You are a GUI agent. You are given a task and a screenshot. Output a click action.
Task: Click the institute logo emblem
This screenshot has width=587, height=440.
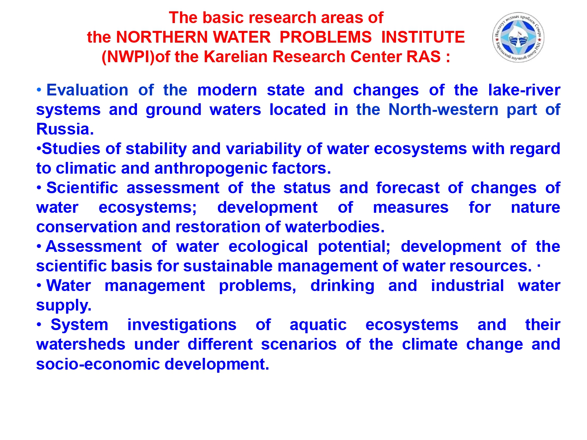[x=518, y=38]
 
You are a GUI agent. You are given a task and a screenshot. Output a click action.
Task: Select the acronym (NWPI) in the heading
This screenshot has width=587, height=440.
[x=128, y=57]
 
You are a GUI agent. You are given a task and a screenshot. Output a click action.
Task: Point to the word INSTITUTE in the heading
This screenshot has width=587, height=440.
[x=423, y=37]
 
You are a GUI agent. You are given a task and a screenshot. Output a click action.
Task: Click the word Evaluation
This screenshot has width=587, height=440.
[x=87, y=90]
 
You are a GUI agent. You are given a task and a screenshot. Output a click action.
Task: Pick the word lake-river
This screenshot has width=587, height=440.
[x=524, y=90]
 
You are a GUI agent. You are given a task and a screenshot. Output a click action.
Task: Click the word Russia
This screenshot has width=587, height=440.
[x=65, y=129]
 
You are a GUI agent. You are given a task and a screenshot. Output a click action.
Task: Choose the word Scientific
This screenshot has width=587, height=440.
[x=82, y=188]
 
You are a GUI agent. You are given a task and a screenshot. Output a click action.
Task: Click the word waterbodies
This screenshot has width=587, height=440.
[x=335, y=227]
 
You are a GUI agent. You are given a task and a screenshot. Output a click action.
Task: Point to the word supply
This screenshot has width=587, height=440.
[x=64, y=305]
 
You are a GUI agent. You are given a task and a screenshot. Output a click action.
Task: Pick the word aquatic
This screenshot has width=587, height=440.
[x=318, y=325]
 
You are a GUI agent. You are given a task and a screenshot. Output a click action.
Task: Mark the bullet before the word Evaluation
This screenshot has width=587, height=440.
[x=39, y=90]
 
